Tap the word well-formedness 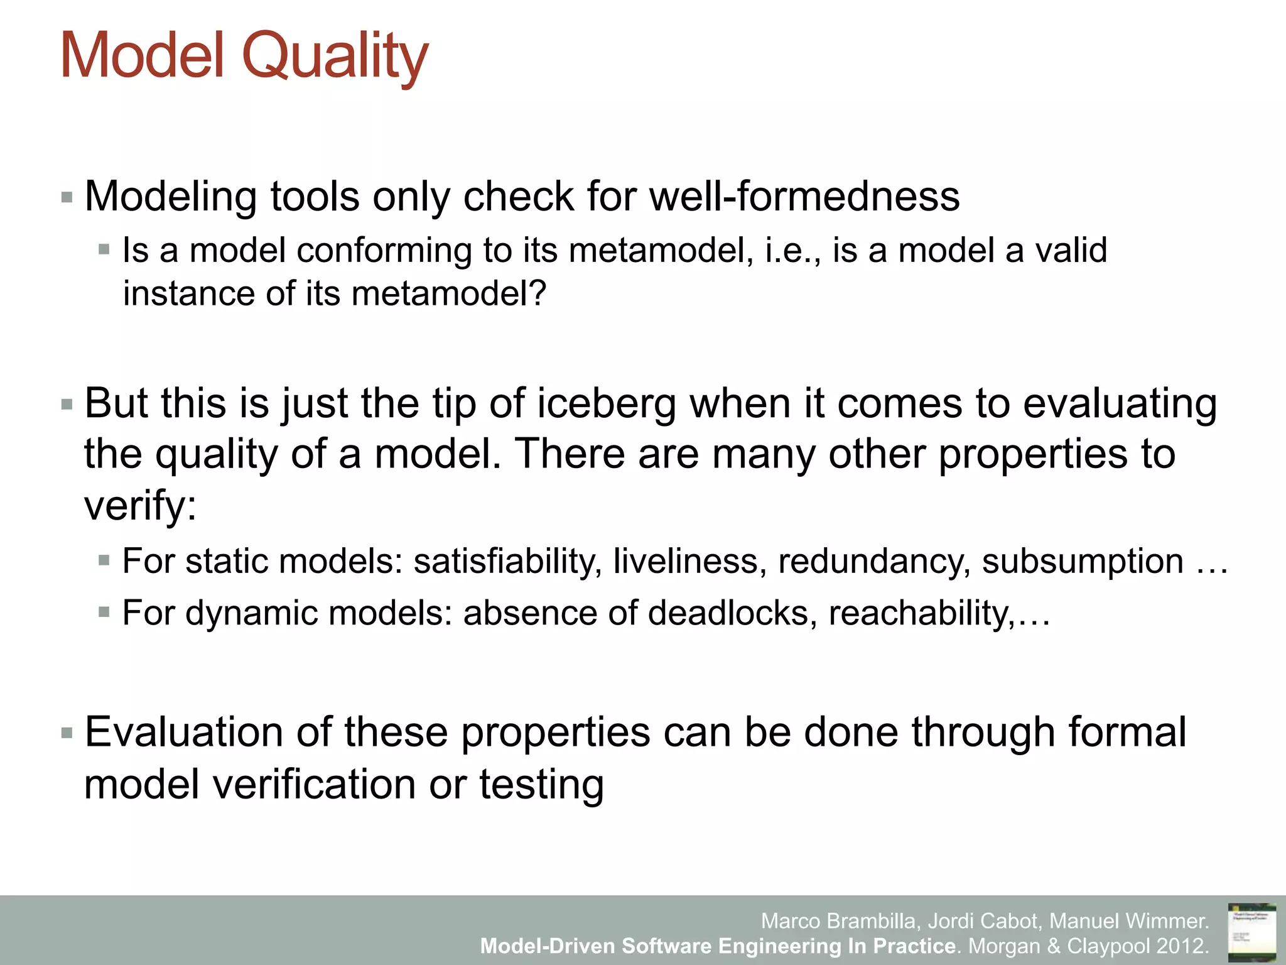804,197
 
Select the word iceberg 606,403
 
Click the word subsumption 1083,561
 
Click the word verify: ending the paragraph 141,506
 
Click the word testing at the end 541,785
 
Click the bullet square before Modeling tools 67,198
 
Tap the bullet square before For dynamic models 104,611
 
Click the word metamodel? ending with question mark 449,293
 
